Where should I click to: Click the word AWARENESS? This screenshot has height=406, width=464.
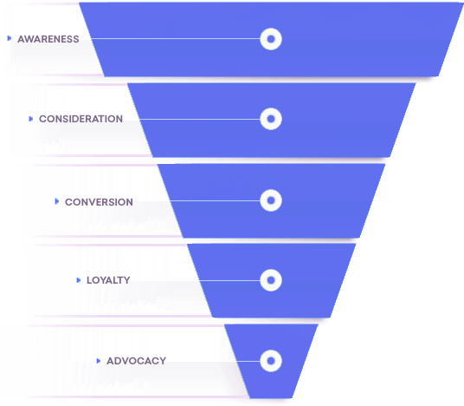tap(48, 39)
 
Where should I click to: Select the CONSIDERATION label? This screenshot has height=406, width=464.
tap(81, 119)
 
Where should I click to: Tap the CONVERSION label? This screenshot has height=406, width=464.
tap(99, 202)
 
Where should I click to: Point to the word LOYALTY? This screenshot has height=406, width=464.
tap(108, 280)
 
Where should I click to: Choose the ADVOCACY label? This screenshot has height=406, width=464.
tap(136, 361)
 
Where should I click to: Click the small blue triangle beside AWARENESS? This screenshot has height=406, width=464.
tap(10, 38)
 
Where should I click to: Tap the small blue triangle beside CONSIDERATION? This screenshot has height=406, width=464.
tap(31, 119)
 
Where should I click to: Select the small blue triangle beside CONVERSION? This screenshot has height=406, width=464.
tap(57, 201)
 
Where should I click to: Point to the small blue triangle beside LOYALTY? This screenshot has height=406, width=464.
tap(79, 280)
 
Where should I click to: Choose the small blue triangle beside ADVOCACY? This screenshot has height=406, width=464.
tap(99, 361)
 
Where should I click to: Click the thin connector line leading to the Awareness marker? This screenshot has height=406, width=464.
tap(176, 38)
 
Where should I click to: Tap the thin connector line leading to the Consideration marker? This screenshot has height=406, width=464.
tap(200, 119)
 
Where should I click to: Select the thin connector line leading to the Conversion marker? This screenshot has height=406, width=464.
tap(216, 200)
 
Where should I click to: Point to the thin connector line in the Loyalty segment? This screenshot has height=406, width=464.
tap(230, 280)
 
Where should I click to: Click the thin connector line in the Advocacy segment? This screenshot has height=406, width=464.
tap(248, 361)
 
